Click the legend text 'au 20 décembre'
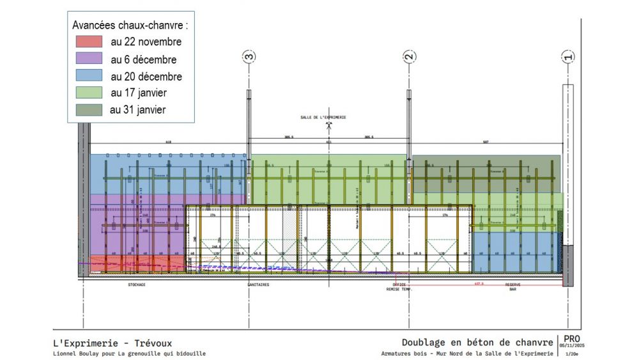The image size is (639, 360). click(x=146, y=77)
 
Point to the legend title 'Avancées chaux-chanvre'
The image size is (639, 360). click(x=130, y=26)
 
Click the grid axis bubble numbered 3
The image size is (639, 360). click(x=249, y=57)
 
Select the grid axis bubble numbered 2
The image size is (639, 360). click(x=409, y=57)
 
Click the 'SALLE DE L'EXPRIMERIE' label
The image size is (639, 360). click(x=323, y=118)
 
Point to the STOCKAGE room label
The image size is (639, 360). click(x=136, y=285)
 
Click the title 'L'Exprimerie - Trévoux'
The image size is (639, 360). click(x=112, y=343)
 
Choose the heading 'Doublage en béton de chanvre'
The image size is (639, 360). click(x=477, y=343)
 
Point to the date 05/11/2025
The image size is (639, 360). click(x=571, y=347)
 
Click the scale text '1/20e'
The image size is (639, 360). click(x=571, y=354)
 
